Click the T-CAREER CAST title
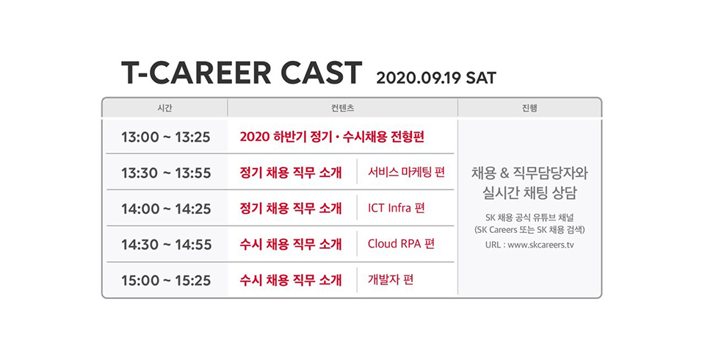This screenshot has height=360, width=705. pos(242,73)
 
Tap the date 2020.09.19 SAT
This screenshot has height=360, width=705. pos(436,78)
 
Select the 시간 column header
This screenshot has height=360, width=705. pos(165,108)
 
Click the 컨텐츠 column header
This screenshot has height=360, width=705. pos(343,108)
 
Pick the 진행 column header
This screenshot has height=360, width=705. pos(529,108)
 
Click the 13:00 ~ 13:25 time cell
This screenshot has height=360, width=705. pos(166,137)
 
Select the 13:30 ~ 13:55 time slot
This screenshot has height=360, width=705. pos(166,173)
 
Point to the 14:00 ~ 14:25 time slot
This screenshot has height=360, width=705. pos(166,209)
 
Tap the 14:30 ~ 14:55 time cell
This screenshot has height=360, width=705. pos(167,245)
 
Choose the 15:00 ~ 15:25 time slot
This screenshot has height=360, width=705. pos(166,281)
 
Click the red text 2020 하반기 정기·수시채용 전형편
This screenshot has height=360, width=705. pos(332,137)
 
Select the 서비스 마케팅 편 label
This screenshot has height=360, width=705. pos(406,173)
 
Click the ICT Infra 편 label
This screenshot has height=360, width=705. pos(396,209)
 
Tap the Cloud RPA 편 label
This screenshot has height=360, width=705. pos(401,244)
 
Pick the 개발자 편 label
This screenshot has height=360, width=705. pos(391,280)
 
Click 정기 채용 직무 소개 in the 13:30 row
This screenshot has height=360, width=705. pos(291,173)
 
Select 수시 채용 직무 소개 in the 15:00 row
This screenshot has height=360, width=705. pos(291,280)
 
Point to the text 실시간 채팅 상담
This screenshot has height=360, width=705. pos(529,193)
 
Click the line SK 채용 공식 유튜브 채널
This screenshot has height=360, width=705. pos(529,217)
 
